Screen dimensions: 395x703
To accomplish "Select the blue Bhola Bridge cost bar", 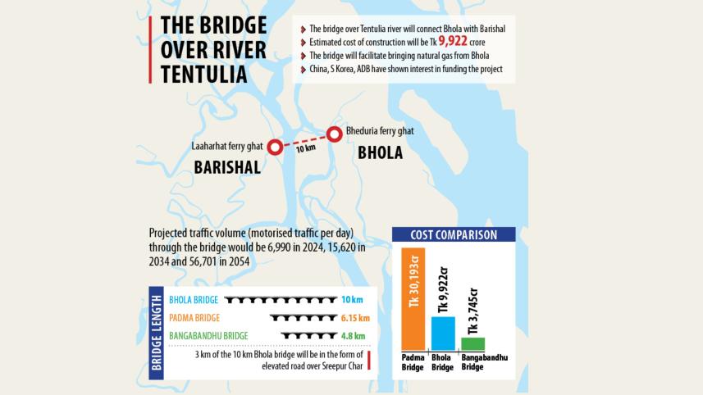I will point(442,333).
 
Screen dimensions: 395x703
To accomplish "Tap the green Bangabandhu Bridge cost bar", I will point(472,343).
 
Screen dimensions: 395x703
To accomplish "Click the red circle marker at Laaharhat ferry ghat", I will point(275,147).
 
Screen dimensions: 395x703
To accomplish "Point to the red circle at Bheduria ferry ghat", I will point(334,134).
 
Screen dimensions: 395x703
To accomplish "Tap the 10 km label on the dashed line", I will point(304,150).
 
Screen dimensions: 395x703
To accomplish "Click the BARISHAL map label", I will point(227,168).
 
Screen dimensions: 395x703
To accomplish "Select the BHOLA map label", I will point(380,152).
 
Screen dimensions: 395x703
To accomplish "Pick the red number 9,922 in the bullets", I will point(454,41).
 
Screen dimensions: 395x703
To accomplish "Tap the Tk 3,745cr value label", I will point(472,311).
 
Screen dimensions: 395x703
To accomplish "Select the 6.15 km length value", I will point(353,317).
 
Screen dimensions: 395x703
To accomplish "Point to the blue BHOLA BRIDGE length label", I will point(194,300).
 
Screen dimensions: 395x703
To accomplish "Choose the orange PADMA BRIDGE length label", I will point(194,317).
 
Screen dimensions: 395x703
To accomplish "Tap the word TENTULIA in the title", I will point(204,74).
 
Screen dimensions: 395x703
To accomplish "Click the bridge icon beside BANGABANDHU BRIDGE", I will point(304,334).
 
